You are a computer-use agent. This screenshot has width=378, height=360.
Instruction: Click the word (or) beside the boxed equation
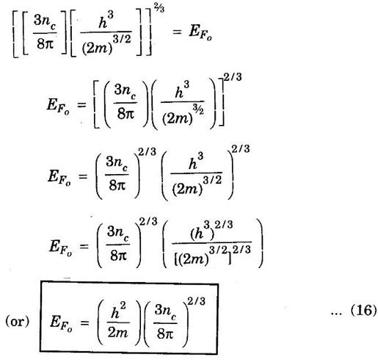[x=17, y=322]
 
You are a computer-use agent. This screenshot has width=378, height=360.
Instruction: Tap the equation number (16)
[x=364, y=310]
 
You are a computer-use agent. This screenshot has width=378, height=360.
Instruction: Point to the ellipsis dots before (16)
[x=338, y=314]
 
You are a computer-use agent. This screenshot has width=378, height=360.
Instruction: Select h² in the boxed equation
[x=118, y=311]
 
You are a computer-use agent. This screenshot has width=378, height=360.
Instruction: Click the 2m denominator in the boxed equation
[x=117, y=333]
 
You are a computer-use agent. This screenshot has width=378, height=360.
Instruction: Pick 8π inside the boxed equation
[x=165, y=334]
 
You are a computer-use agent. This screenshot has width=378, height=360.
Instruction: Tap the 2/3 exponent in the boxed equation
[x=196, y=301]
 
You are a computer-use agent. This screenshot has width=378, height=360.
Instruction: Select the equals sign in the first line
[x=177, y=32]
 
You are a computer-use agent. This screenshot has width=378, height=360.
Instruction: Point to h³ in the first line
[x=106, y=21]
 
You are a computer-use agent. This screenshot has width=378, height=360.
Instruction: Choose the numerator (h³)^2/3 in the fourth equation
[x=211, y=231]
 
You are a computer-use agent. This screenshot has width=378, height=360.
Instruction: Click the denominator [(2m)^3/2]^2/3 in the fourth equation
[x=213, y=256]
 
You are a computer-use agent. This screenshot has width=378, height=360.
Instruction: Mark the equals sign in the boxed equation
[x=84, y=323]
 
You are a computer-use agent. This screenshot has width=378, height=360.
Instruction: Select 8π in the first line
[x=45, y=44]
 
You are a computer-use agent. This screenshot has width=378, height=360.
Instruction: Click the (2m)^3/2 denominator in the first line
[x=106, y=45]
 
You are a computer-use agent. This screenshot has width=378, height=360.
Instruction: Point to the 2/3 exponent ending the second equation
[x=233, y=77]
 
